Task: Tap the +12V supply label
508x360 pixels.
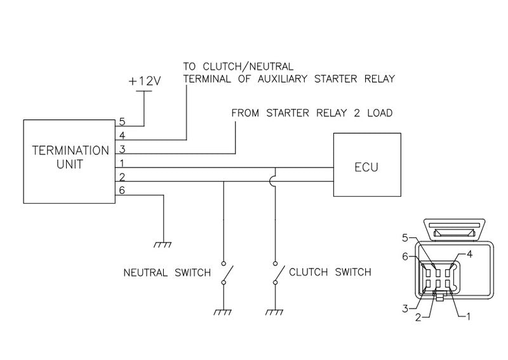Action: coord(145,82)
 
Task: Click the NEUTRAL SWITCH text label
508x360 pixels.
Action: coord(167,273)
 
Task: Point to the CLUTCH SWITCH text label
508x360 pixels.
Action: coord(330,273)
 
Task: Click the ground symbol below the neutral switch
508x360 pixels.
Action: coord(224,311)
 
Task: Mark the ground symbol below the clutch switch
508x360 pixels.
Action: coord(275,311)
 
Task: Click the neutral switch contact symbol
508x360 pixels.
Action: coord(226,274)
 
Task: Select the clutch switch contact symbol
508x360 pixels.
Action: coord(277,274)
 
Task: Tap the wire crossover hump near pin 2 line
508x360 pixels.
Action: coord(275,182)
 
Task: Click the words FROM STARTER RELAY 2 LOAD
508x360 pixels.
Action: coord(312,114)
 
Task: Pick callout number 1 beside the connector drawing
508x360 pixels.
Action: coord(469,316)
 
